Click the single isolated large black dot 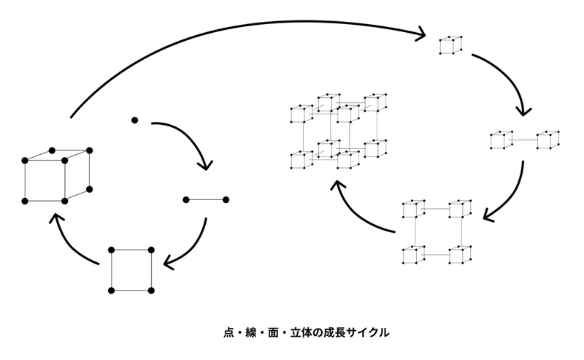pos(135,120)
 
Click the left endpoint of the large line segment pos(186,200)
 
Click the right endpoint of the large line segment pos(226,200)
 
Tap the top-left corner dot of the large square pos(112,250)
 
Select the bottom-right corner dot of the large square pos(151,291)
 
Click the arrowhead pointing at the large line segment pos(205,165)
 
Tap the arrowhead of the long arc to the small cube pos(421,34)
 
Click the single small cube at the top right pos(451,45)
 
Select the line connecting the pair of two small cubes pos(524,140)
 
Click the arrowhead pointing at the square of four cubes pos(488,216)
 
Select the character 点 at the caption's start pos(228,332)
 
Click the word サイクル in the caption pos(368,332)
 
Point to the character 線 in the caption pos(251,332)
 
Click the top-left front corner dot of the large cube pos(25,161)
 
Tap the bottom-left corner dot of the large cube pos(25,202)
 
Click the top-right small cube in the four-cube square pos(461,209)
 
